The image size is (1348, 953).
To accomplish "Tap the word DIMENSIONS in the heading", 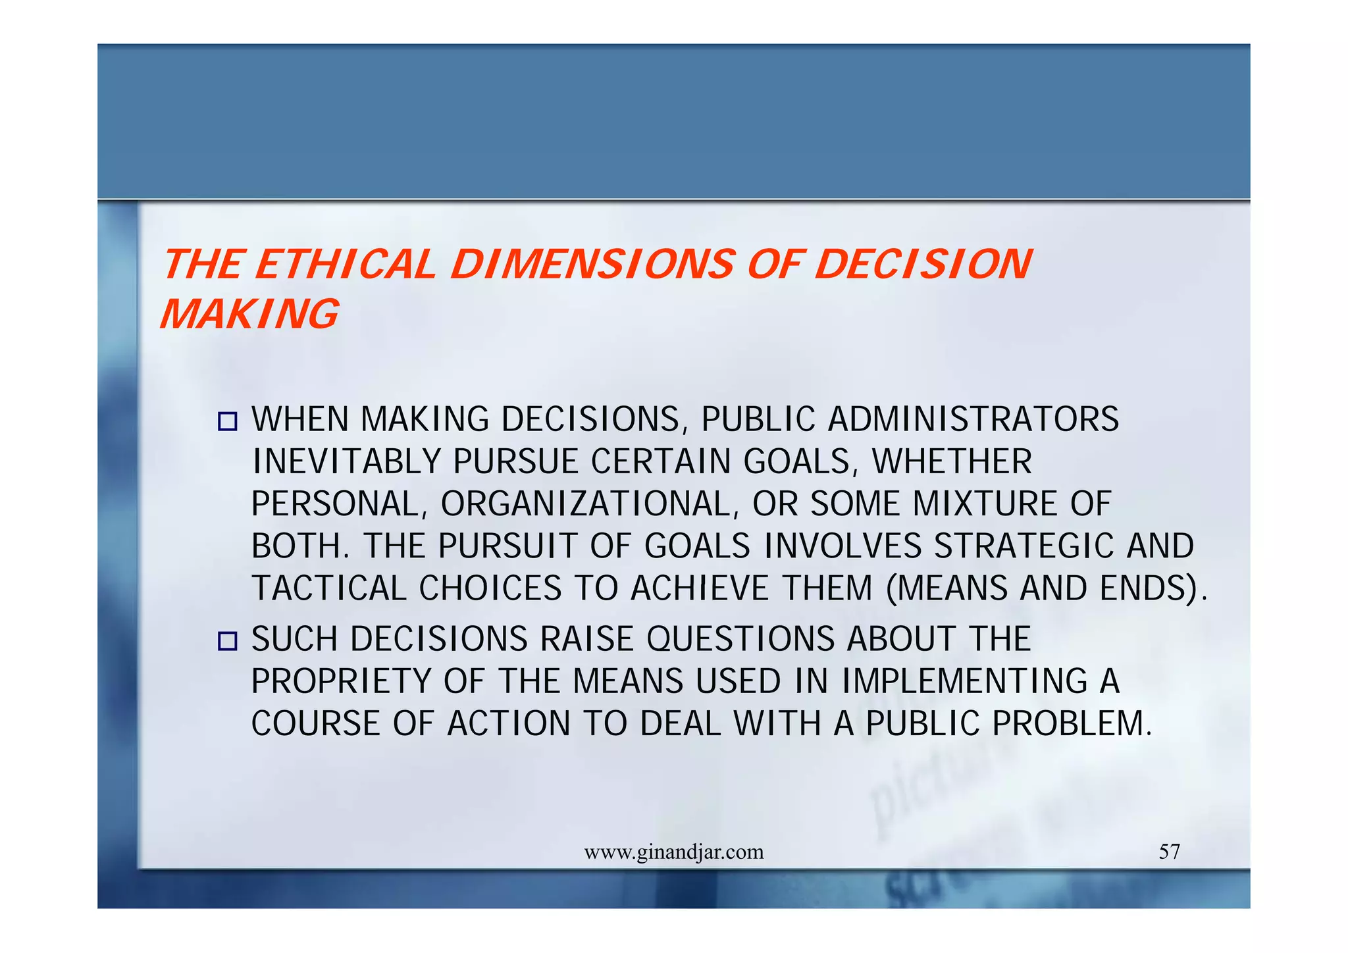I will tap(590, 265).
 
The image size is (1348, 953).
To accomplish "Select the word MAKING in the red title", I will tap(249, 314).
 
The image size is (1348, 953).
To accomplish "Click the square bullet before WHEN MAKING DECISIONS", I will tap(227, 421).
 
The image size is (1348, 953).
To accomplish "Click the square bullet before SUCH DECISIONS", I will tap(227, 640).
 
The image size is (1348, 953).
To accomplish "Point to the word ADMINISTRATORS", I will tap(973, 419).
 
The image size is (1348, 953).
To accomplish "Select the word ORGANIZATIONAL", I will tap(584, 504).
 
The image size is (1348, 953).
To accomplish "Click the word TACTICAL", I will tap(329, 588).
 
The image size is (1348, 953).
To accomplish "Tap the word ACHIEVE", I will tap(699, 588).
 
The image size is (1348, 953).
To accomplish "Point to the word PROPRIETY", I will tap(340, 681).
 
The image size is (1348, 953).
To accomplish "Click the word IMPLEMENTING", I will tap(964, 681).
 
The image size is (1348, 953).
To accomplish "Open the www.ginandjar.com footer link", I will tap(674, 852).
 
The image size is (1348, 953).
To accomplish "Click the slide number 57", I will tap(1169, 852).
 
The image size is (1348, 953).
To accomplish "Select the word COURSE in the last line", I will tap(316, 724).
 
